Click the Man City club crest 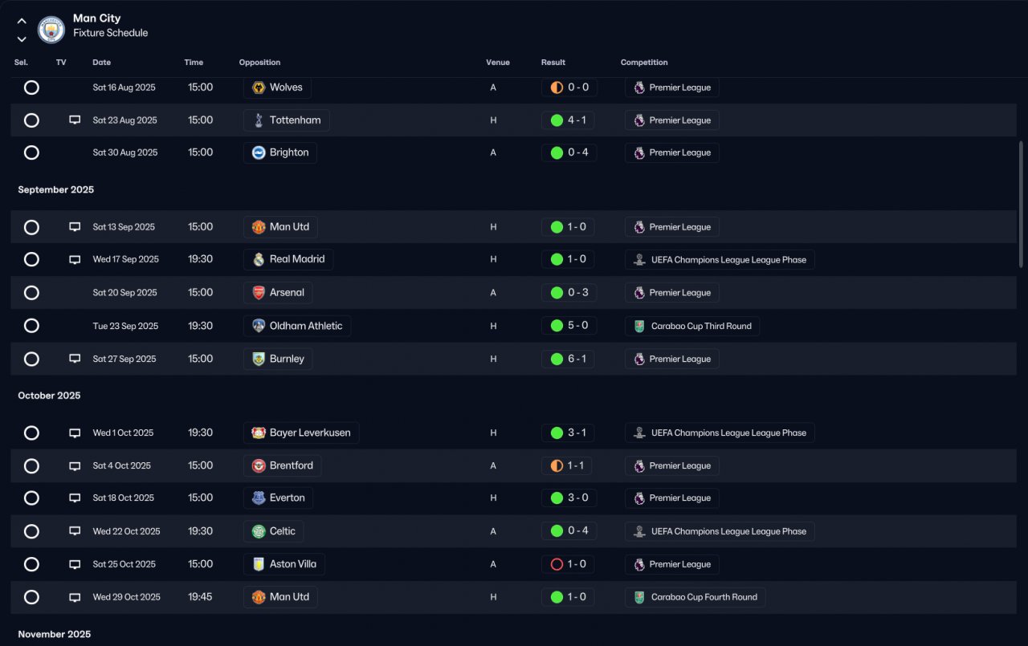point(51,30)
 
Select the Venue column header point(497,63)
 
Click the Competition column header point(644,63)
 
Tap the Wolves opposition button point(277,87)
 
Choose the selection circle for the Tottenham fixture point(31,120)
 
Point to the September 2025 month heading point(55,190)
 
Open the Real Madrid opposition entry point(288,259)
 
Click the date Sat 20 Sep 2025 point(124,293)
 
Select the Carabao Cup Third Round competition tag point(692,326)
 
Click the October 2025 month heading point(49,396)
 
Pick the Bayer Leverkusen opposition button point(301,433)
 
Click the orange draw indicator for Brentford point(557,465)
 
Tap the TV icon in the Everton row point(75,498)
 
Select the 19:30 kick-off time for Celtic point(200,531)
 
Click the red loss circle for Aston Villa point(557,564)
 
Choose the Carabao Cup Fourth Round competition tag point(696,597)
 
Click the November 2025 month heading point(54,634)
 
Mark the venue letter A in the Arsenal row point(493,293)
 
